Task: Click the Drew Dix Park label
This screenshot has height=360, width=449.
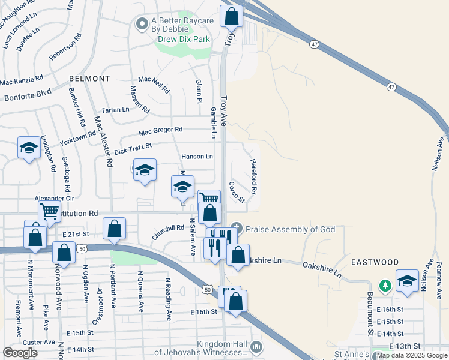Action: (x=184, y=39)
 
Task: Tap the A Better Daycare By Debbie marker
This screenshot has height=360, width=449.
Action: (x=142, y=25)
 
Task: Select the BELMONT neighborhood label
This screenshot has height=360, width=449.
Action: (x=89, y=79)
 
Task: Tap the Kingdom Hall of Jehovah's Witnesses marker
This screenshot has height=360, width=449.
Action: (x=256, y=347)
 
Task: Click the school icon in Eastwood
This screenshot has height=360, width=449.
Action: (x=407, y=281)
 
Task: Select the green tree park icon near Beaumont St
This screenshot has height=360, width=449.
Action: (x=385, y=285)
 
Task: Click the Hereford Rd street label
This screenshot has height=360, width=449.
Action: (x=254, y=176)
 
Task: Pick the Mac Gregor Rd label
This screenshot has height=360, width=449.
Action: (x=160, y=131)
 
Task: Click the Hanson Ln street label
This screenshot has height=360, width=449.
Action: (x=197, y=157)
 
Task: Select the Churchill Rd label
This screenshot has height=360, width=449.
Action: (x=167, y=232)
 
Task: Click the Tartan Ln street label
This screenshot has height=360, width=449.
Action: (x=115, y=110)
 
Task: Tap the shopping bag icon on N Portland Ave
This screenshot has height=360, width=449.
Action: (x=114, y=230)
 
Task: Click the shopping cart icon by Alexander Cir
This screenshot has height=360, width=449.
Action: (x=49, y=211)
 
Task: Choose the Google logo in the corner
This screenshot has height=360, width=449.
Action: (x=20, y=352)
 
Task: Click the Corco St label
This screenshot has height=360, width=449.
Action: (x=237, y=191)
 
